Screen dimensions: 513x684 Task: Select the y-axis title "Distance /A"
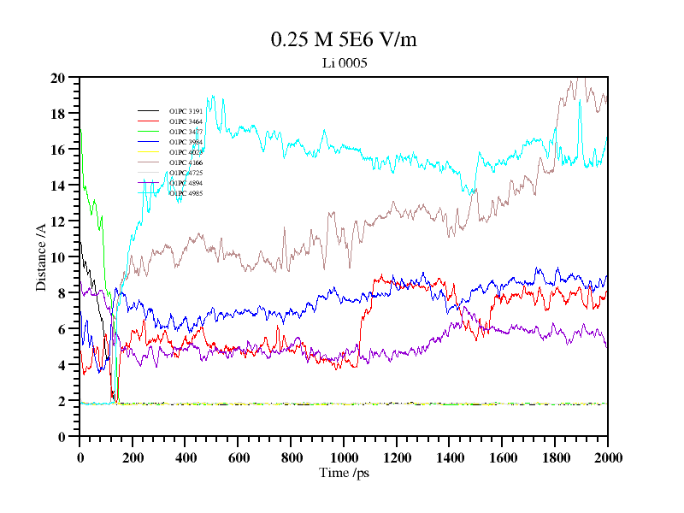coord(41,257)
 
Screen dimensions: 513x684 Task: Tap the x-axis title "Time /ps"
coord(343,473)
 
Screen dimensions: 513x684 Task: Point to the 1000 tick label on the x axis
coord(344,458)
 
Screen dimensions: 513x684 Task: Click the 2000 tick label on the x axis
coord(608,458)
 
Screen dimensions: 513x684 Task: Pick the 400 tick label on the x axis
coord(186,458)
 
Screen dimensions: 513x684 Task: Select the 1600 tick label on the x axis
coord(502,458)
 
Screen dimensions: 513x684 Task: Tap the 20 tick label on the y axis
coord(58,78)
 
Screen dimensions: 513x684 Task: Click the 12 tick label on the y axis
coord(58,221)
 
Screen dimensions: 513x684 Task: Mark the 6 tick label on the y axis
coord(62,329)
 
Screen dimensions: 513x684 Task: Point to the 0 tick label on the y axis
coord(62,437)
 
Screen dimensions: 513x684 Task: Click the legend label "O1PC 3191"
coord(186,111)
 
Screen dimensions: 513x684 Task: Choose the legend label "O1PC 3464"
coord(186,121)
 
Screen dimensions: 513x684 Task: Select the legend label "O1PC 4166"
coord(186,162)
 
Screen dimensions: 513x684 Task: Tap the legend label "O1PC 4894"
coord(186,183)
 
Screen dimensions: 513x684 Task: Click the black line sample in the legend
coord(149,111)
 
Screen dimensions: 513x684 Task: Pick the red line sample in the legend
coord(149,121)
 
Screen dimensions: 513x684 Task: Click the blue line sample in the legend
coord(149,142)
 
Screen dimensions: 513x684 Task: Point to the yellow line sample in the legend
coord(149,152)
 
